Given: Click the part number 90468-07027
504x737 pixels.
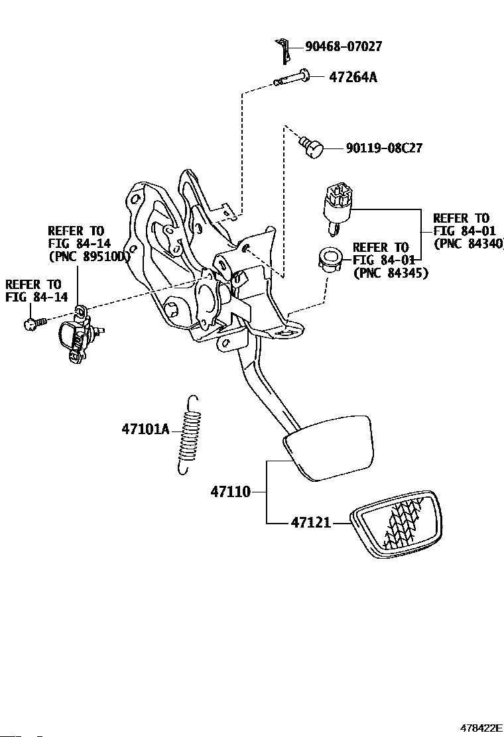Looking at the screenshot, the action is pos(344,46).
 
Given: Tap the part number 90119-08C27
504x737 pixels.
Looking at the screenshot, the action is pos(384,148).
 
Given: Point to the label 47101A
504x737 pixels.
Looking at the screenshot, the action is pos(145,429).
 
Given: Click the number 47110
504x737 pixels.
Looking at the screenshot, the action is pos(230,492).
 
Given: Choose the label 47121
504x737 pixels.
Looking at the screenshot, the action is pos(311,522).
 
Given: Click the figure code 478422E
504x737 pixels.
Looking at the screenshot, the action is pos(481,728).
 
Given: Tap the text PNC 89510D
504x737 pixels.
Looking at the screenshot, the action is pos(88,256).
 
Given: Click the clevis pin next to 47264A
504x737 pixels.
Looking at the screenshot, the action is pos(292,78).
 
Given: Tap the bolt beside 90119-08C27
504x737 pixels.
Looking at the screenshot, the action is pos(312,146).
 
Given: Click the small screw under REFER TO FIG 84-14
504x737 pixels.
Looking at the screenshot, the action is pos(34,323).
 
